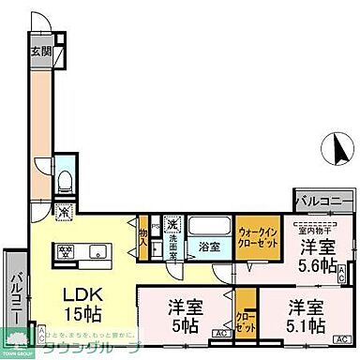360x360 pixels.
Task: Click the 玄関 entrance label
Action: [x=40, y=52]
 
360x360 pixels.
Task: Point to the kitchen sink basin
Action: [x=98, y=249]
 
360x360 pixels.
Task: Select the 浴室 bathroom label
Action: [x=209, y=247]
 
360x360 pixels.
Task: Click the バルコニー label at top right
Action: [x=323, y=202]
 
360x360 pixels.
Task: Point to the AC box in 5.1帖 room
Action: [x=344, y=337]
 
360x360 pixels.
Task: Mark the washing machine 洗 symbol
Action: [x=172, y=225]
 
